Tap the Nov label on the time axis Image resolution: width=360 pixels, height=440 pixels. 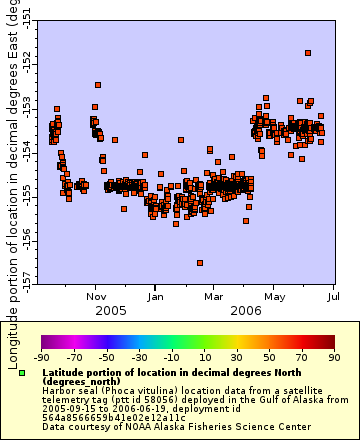97,296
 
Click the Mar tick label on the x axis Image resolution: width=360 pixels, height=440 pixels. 214,296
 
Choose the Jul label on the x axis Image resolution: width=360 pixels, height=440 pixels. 332,296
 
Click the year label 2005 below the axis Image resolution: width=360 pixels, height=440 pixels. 97,311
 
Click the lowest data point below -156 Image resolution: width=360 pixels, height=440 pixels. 200,263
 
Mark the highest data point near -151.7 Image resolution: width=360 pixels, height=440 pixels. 308,53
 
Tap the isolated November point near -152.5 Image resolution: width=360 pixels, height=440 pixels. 97,86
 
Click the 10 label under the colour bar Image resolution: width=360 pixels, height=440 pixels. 204,357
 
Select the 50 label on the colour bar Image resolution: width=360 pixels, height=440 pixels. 269,357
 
